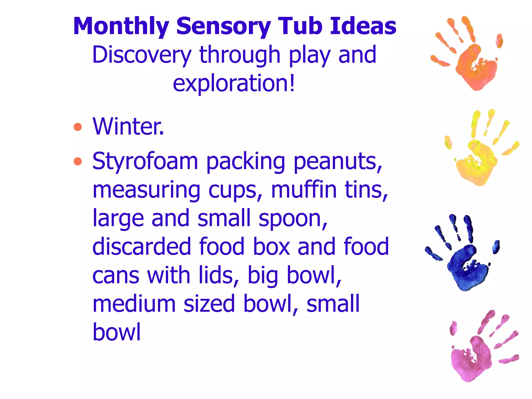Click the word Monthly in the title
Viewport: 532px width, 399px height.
coord(121,26)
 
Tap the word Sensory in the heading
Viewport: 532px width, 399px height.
coord(224,26)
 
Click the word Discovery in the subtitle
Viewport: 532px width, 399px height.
coord(142,55)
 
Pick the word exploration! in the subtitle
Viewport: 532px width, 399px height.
coord(234,83)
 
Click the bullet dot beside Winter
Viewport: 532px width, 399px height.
coord(78,127)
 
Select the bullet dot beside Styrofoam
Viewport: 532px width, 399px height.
coord(78,161)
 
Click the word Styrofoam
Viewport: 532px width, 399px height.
coord(145,162)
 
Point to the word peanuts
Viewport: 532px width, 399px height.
coord(338,162)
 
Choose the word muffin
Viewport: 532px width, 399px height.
coord(304,190)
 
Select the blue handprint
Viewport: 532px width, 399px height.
coord(465,262)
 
